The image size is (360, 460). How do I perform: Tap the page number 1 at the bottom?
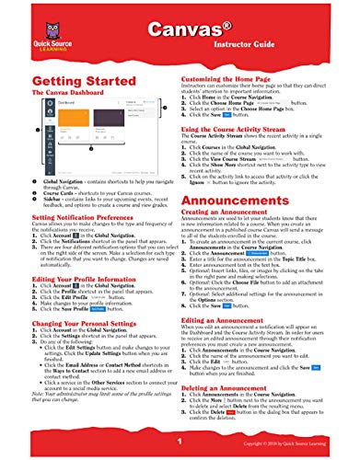tap(180, 443)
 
